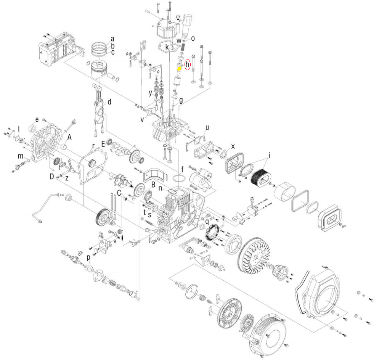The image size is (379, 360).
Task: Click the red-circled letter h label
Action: point(188,65)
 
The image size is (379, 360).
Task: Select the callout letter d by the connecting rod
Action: point(109,102)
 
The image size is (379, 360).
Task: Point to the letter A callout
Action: point(69,137)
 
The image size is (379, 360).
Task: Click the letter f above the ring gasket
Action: point(183,169)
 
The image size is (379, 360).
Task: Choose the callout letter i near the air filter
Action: point(269,156)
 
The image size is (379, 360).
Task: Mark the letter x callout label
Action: point(233,146)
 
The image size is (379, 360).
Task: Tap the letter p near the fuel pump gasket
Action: point(88,258)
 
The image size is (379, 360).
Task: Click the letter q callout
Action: point(207,222)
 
